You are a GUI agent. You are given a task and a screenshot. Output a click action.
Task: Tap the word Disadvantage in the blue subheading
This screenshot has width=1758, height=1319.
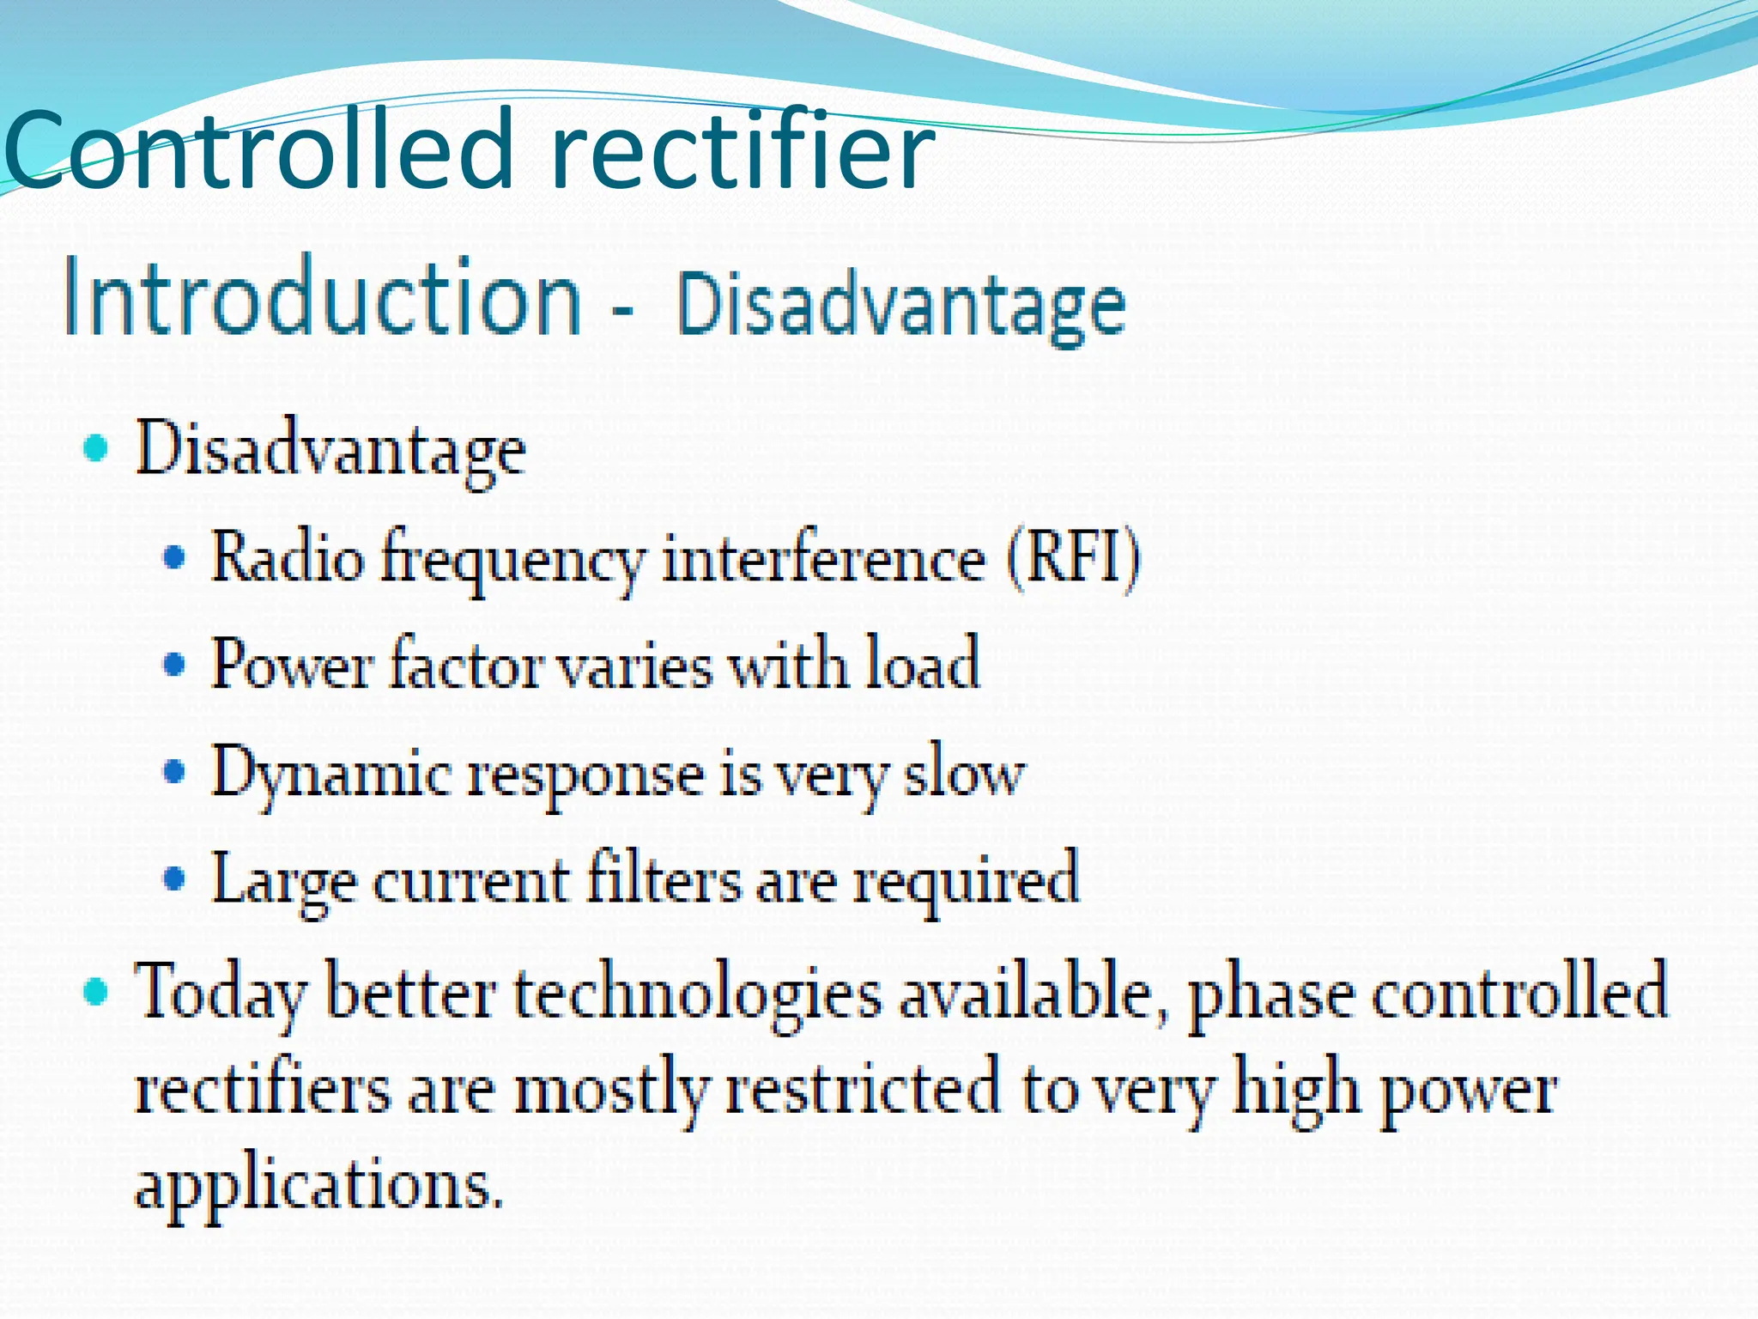click(901, 305)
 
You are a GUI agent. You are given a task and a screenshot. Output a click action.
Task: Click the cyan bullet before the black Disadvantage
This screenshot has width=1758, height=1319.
click(96, 447)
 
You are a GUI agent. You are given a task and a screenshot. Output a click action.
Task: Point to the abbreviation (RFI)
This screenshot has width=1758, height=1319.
click(1073, 558)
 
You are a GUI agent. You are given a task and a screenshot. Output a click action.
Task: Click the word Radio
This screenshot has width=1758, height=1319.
click(288, 558)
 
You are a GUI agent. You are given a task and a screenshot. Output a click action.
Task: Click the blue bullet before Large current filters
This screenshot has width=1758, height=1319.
click(174, 878)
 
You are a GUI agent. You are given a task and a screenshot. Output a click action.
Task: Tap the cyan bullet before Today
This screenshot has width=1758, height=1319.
click(96, 992)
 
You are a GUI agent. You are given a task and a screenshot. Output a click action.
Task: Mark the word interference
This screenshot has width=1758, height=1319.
click(824, 558)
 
